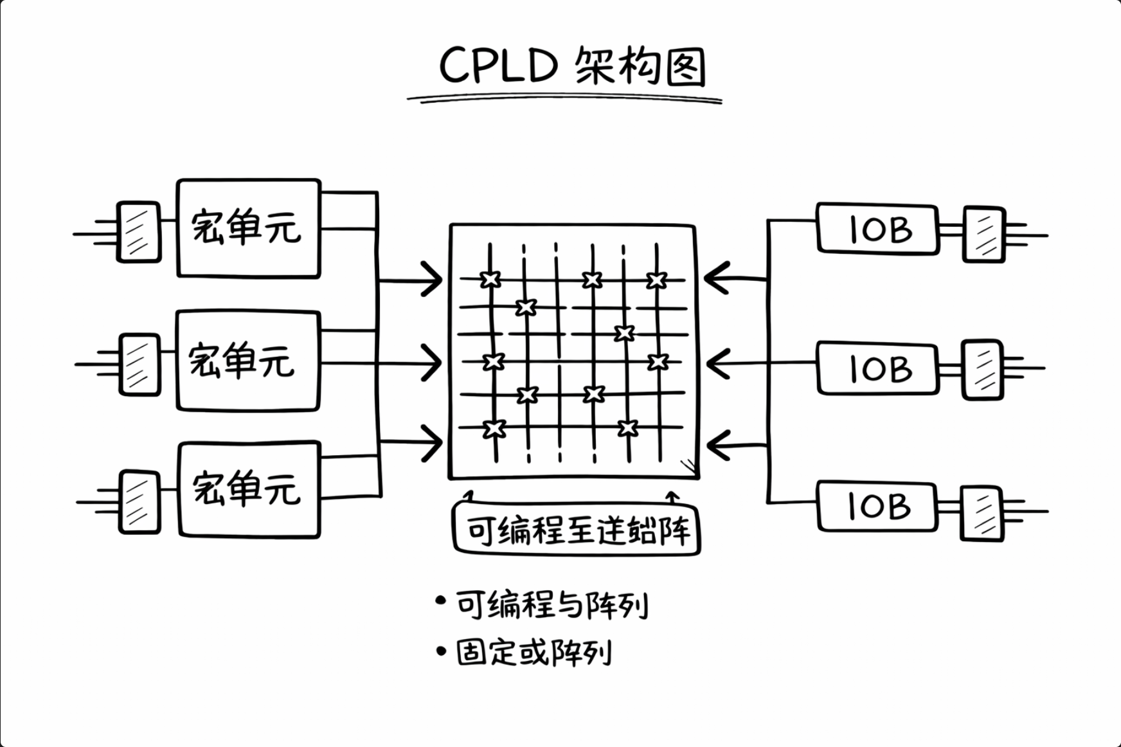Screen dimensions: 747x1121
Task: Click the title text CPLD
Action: (x=498, y=66)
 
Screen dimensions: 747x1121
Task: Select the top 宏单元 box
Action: (x=248, y=228)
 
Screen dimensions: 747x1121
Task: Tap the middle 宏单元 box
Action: (x=248, y=361)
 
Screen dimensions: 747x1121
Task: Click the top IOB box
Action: (x=877, y=230)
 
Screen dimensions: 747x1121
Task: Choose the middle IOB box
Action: (x=878, y=368)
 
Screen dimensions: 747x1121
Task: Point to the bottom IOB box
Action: (x=877, y=507)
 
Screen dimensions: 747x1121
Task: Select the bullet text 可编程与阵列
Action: (x=552, y=605)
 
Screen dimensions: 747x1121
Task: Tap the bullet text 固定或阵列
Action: (x=534, y=653)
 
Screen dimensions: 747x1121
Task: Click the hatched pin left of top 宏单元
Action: (x=138, y=232)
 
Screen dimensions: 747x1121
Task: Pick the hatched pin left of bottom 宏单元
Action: (x=139, y=502)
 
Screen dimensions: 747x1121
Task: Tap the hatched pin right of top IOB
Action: (x=983, y=235)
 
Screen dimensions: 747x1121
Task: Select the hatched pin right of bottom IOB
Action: (x=982, y=513)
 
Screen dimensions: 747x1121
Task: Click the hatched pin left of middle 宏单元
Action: (x=139, y=364)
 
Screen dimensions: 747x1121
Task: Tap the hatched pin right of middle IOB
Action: (x=982, y=370)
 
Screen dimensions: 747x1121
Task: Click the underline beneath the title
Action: (x=564, y=99)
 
